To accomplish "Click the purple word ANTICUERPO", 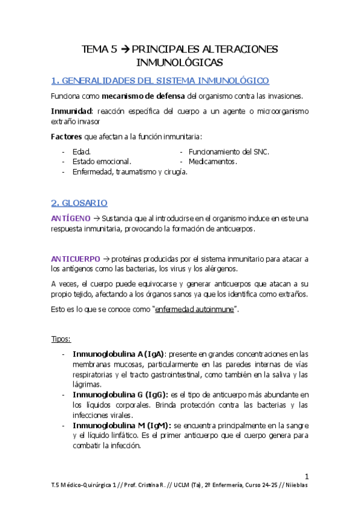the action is pos(76,258).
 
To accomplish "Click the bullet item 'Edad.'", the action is pos(82,152).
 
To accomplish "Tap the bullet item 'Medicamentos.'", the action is pos(213,162).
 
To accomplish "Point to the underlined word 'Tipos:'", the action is pos(61,339).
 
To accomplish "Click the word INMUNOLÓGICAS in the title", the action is pos(180,62).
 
